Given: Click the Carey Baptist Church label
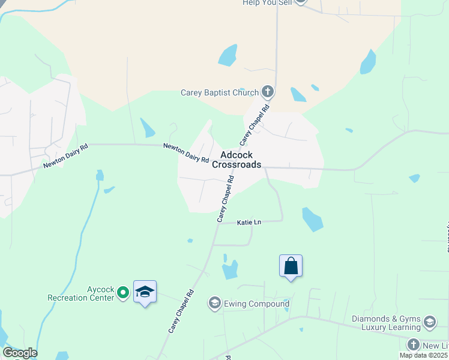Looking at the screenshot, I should click(x=220, y=93).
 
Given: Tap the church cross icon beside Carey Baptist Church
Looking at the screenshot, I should click(x=268, y=92).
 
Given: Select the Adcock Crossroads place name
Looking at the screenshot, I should click(x=237, y=160).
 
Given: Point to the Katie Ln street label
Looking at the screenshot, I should click(x=249, y=223).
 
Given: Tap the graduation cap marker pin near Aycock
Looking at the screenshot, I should click(x=145, y=292).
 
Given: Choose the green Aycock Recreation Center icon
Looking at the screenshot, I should click(x=123, y=293).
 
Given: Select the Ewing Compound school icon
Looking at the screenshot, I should click(x=214, y=304).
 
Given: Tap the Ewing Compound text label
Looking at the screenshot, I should click(x=257, y=304).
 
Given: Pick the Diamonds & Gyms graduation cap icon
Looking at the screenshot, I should click(x=430, y=322).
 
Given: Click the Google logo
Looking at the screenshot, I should click(x=19, y=353).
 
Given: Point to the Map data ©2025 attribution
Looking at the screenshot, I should click(x=424, y=355).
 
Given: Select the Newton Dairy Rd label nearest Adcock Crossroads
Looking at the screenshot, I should click(x=187, y=154).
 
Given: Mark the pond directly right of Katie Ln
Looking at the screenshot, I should click(x=312, y=220).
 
